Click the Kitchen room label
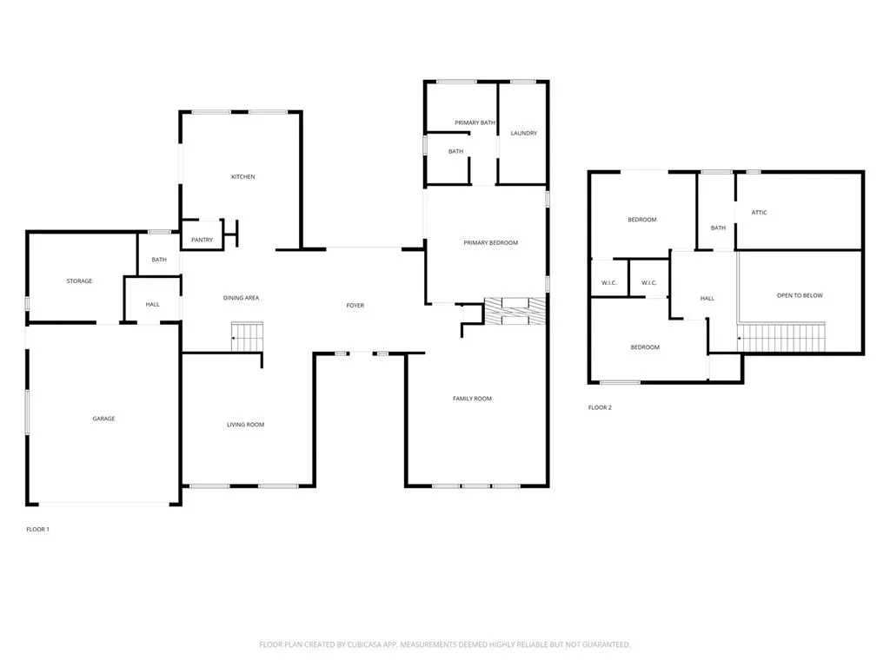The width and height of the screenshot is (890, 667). (x=242, y=177)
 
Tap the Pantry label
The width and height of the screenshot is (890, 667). (x=202, y=240)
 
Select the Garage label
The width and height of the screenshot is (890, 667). (x=103, y=419)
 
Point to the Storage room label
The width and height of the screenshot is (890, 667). (x=79, y=281)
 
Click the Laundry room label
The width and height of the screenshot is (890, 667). (x=523, y=133)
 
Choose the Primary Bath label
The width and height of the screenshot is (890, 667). (x=475, y=122)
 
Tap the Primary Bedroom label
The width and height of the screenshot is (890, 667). (x=490, y=243)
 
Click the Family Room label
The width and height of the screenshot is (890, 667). (x=472, y=399)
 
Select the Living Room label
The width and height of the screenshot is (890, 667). (x=245, y=425)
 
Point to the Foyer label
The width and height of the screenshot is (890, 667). (x=355, y=306)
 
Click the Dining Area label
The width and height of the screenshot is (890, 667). (x=241, y=298)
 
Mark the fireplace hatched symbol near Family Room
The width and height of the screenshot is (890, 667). (x=515, y=311)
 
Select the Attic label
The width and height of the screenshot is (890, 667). (x=759, y=213)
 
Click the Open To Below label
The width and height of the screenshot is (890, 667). (x=799, y=295)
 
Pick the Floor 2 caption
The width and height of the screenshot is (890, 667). (x=600, y=407)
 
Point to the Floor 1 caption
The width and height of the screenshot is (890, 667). (x=37, y=529)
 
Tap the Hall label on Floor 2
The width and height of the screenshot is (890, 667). (x=707, y=299)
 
